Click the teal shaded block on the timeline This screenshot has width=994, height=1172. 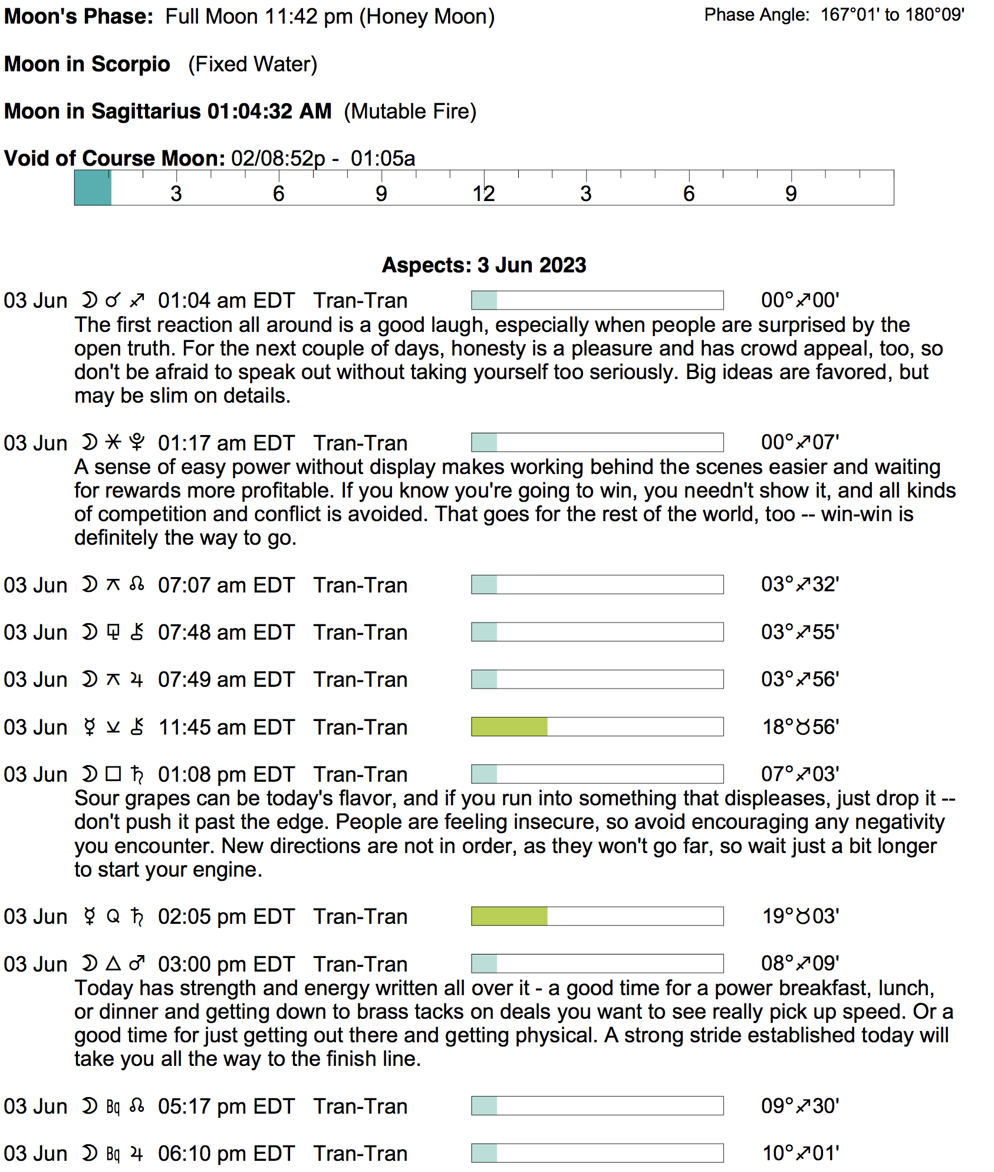[93, 188]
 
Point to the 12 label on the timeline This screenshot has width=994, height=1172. [483, 194]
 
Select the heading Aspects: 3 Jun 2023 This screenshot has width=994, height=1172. [484, 265]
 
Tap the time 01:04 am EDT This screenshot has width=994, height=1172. [226, 301]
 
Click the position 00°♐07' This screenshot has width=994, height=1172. [800, 442]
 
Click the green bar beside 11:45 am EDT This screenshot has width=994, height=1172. [509, 727]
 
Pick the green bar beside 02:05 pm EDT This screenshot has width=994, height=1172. [509, 916]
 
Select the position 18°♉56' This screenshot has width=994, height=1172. [800, 727]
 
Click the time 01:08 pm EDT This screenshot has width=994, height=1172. [226, 775]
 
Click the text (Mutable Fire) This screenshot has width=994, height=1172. [410, 111]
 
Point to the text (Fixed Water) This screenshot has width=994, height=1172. [252, 64]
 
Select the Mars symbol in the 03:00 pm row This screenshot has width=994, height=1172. [137, 964]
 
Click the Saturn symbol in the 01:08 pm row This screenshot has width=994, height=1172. [137, 775]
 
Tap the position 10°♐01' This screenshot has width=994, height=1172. [800, 1153]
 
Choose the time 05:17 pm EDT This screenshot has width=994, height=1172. [226, 1106]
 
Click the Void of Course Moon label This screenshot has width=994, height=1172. [114, 159]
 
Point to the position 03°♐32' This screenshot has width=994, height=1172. [800, 585]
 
